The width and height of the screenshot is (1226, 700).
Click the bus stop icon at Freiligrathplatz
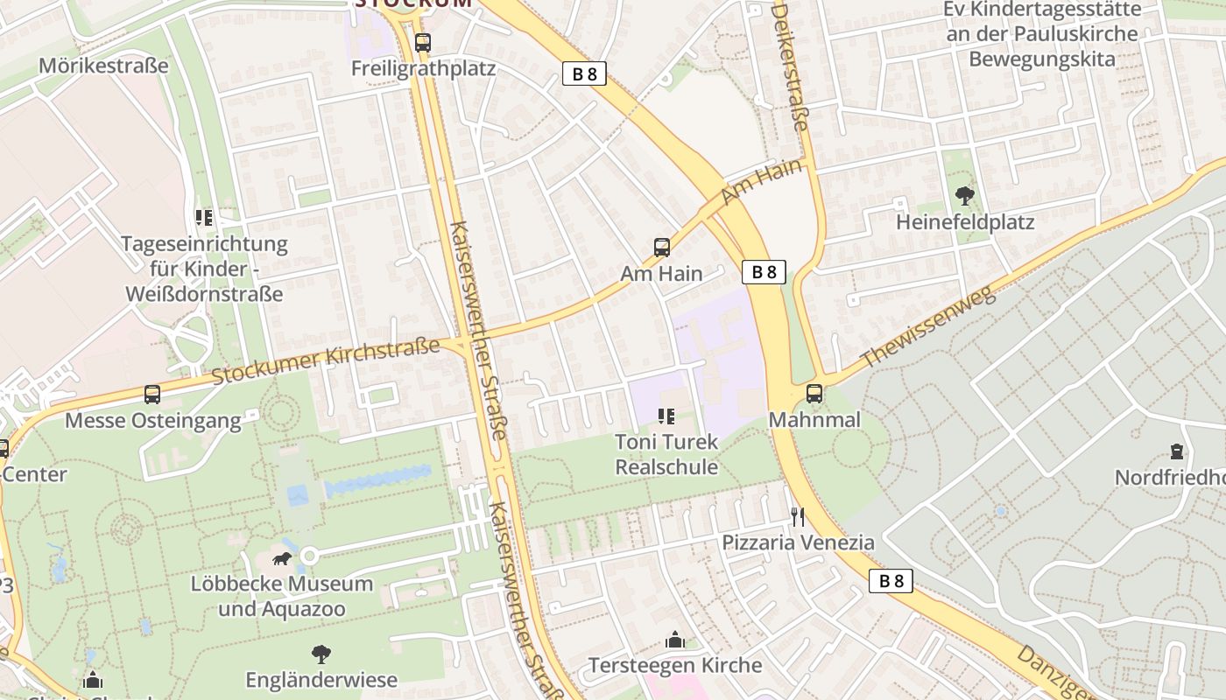[423, 42]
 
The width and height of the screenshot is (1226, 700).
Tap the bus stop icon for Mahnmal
[814, 394]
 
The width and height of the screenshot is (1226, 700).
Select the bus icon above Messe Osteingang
[152, 395]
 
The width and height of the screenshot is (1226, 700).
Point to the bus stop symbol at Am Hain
[662, 248]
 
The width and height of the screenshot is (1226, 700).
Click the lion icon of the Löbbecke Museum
[282, 557]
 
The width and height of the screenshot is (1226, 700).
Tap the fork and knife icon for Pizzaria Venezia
[798, 516]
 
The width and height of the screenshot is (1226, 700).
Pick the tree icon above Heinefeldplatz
[965, 196]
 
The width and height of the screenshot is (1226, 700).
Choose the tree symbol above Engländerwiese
[321, 654]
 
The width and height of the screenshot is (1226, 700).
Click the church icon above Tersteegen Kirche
[674, 640]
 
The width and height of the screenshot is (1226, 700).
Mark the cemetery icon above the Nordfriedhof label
[1176, 451]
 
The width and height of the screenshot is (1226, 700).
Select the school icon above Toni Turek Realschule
[666, 416]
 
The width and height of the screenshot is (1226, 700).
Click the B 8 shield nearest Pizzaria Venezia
[891, 581]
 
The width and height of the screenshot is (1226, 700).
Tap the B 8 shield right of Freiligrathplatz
[584, 73]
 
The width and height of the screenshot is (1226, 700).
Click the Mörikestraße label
[103, 66]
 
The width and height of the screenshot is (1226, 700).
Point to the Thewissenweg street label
[928, 327]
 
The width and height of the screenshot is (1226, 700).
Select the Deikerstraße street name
[790, 66]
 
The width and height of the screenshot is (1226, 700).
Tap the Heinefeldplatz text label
[965, 222]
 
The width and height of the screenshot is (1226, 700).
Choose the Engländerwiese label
[321, 680]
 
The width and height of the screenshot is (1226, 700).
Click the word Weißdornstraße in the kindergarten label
[204, 293]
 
